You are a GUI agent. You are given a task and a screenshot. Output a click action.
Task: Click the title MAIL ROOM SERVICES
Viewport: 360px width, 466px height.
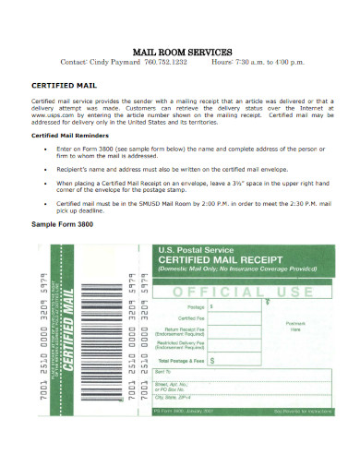179,52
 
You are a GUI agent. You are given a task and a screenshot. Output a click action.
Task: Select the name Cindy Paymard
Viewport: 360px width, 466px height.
114,65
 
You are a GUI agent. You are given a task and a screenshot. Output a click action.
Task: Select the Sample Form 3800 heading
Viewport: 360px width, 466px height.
65,223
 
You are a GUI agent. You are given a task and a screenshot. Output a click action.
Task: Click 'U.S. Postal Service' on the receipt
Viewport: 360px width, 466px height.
192,250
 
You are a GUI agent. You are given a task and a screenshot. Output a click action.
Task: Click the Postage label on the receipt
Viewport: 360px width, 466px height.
195,305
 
